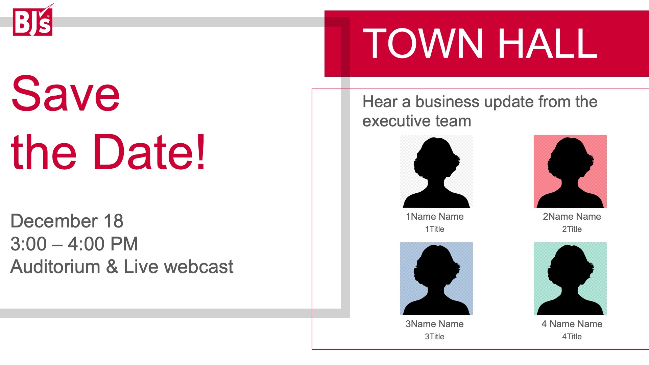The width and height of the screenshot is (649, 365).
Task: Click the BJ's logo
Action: coord(33,20)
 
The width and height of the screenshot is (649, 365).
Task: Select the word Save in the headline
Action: coord(65,93)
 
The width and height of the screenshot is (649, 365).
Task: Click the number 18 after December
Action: coord(114,221)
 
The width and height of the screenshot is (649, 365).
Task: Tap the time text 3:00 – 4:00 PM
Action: coord(74,244)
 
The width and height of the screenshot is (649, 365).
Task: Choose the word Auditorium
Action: coord(55,267)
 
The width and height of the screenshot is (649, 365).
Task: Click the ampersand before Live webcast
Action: coord(112,267)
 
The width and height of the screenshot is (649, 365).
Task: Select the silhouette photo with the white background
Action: coord(436,171)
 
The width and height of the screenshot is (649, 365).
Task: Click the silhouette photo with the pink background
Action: coord(570,171)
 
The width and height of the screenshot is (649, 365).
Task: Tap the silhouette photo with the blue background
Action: coord(436,279)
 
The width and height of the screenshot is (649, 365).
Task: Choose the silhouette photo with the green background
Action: coord(570,279)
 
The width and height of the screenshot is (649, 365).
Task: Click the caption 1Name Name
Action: coord(435,217)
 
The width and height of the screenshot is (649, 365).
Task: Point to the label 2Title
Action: coord(572,229)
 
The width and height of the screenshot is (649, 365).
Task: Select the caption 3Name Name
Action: coord(435,324)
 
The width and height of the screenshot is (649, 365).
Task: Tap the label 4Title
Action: coord(572,337)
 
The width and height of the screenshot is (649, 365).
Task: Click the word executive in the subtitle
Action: coord(395,121)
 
